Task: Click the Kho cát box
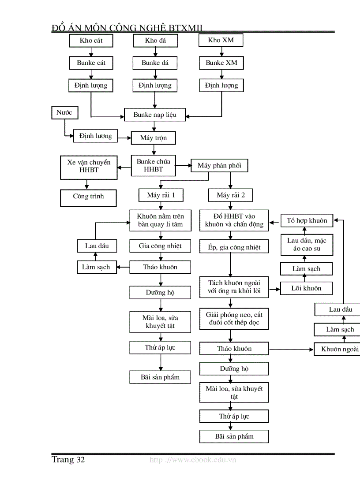[x=91, y=41]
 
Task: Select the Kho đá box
[x=155, y=41]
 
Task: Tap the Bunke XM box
[x=221, y=63]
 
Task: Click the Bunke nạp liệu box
[x=155, y=115]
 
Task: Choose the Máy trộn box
[x=154, y=138]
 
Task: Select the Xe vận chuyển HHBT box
[x=89, y=166]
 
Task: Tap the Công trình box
[x=88, y=197]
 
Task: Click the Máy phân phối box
[x=219, y=166]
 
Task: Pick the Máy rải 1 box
[x=160, y=195]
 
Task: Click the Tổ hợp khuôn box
[x=307, y=220]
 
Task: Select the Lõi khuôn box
[x=306, y=288]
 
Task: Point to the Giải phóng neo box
[x=234, y=319]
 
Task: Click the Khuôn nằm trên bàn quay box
[x=161, y=220]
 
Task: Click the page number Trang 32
[x=68, y=460]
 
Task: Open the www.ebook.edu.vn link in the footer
[x=193, y=460]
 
